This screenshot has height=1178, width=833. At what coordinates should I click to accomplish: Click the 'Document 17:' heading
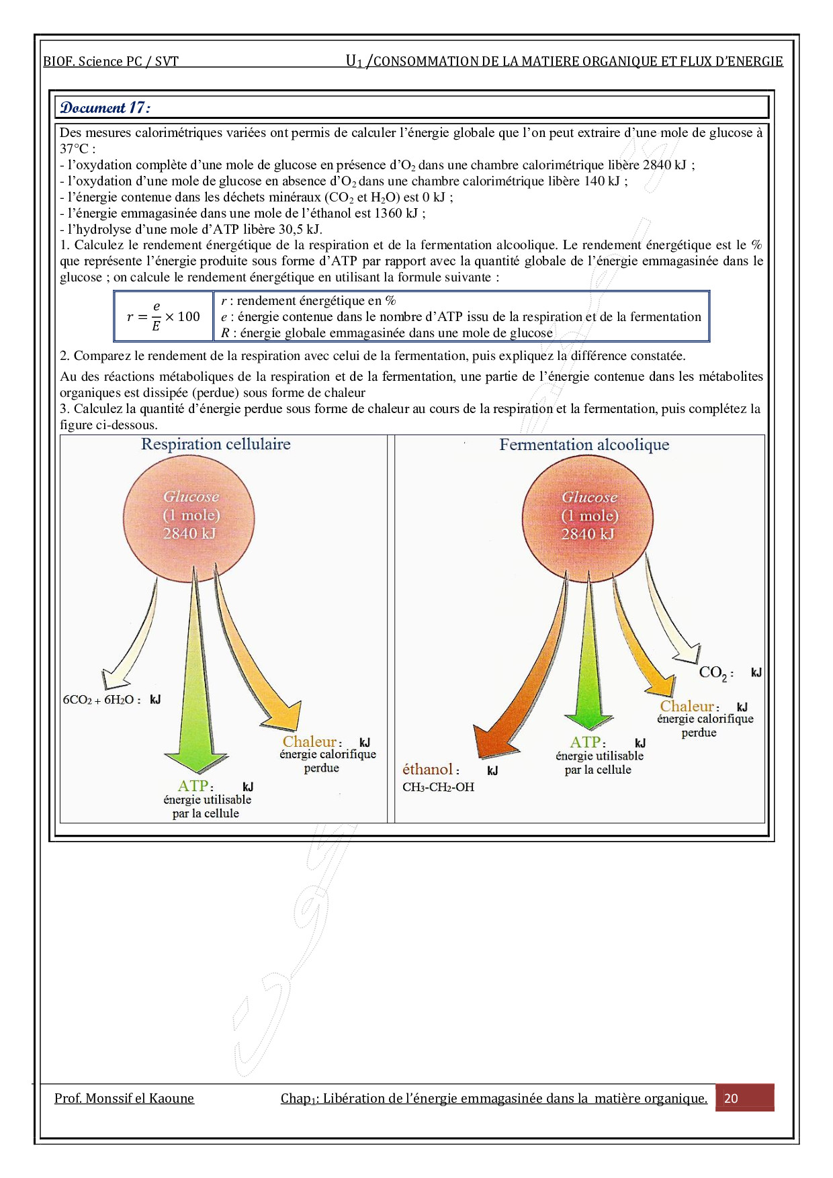(x=105, y=107)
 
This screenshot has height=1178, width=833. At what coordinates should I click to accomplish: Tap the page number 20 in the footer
(x=731, y=1098)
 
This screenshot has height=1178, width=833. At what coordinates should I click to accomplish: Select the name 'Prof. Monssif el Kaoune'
(x=124, y=1098)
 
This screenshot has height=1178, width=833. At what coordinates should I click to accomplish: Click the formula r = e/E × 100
(x=163, y=316)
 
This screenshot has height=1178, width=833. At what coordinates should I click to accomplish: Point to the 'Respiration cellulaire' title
(x=216, y=444)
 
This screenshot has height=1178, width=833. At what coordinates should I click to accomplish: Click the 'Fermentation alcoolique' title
(x=584, y=445)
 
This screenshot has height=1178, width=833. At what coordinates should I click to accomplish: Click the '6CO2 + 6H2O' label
(x=101, y=700)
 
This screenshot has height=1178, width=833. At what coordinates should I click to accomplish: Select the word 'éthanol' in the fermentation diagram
(x=427, y=770)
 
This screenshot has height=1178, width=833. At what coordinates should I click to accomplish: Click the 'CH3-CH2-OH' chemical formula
(x=438, y=787)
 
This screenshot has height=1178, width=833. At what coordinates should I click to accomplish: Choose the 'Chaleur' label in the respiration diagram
(x=309, y=742)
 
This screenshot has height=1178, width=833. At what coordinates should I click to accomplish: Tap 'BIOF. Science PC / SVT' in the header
(x=111, y=62)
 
